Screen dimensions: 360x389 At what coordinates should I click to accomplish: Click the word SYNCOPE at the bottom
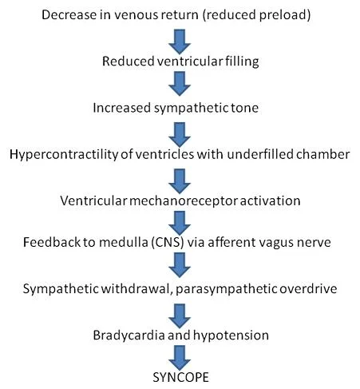pos(180,377)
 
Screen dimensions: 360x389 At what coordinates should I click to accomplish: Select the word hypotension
pos(231,335)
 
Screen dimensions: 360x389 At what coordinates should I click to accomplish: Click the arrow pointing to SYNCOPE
pos(180,358)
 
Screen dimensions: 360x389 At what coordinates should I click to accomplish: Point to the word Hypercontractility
pos(64,154)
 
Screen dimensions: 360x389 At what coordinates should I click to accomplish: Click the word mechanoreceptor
pos(184,200)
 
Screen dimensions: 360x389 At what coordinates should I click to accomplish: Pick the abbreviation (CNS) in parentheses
pos(168,242)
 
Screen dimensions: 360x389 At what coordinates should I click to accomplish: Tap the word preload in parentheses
pos(282,15)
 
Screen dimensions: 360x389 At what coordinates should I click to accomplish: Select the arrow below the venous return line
pos(180,42)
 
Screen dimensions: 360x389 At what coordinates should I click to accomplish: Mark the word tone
pos(244,108)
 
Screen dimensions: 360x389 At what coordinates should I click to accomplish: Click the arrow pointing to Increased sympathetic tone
pos(180,84)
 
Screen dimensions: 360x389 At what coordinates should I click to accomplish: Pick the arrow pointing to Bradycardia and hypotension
pos(180,316)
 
